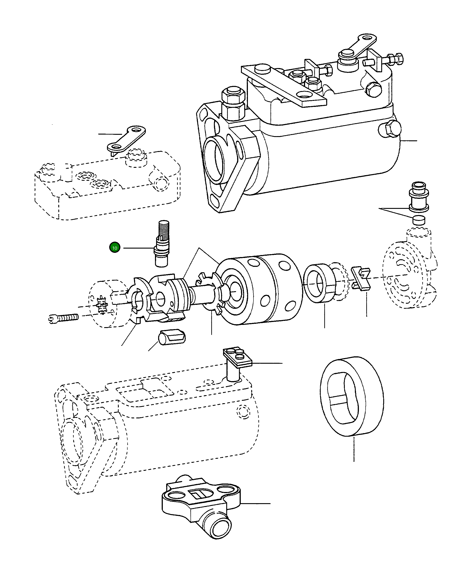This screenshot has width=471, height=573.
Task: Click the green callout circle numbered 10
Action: click(115, 248)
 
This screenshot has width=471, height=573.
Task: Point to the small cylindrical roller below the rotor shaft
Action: click(172, 337)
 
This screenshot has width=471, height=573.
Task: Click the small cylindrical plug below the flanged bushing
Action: click(419, 220)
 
